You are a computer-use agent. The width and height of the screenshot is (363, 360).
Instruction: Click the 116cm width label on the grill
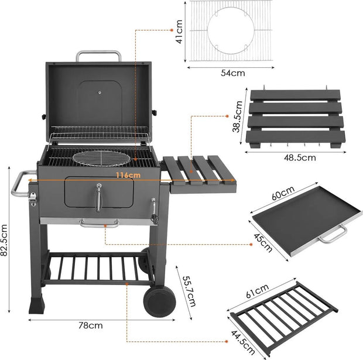pos(128,175)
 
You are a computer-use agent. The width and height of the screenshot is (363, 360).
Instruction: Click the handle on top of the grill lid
pos(98,56)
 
